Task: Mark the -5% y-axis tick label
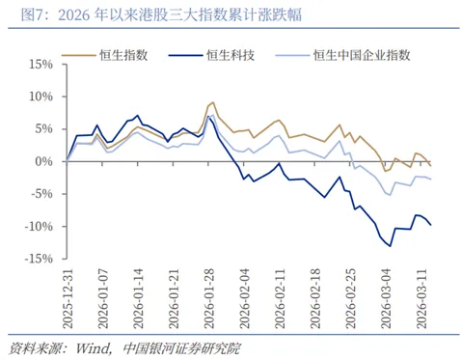pyautogui.click(x=40, y=194)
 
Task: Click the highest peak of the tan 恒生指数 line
pyautogui.click(x=212, y=101)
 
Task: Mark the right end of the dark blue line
pyautogui.click(x=431, y=225)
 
